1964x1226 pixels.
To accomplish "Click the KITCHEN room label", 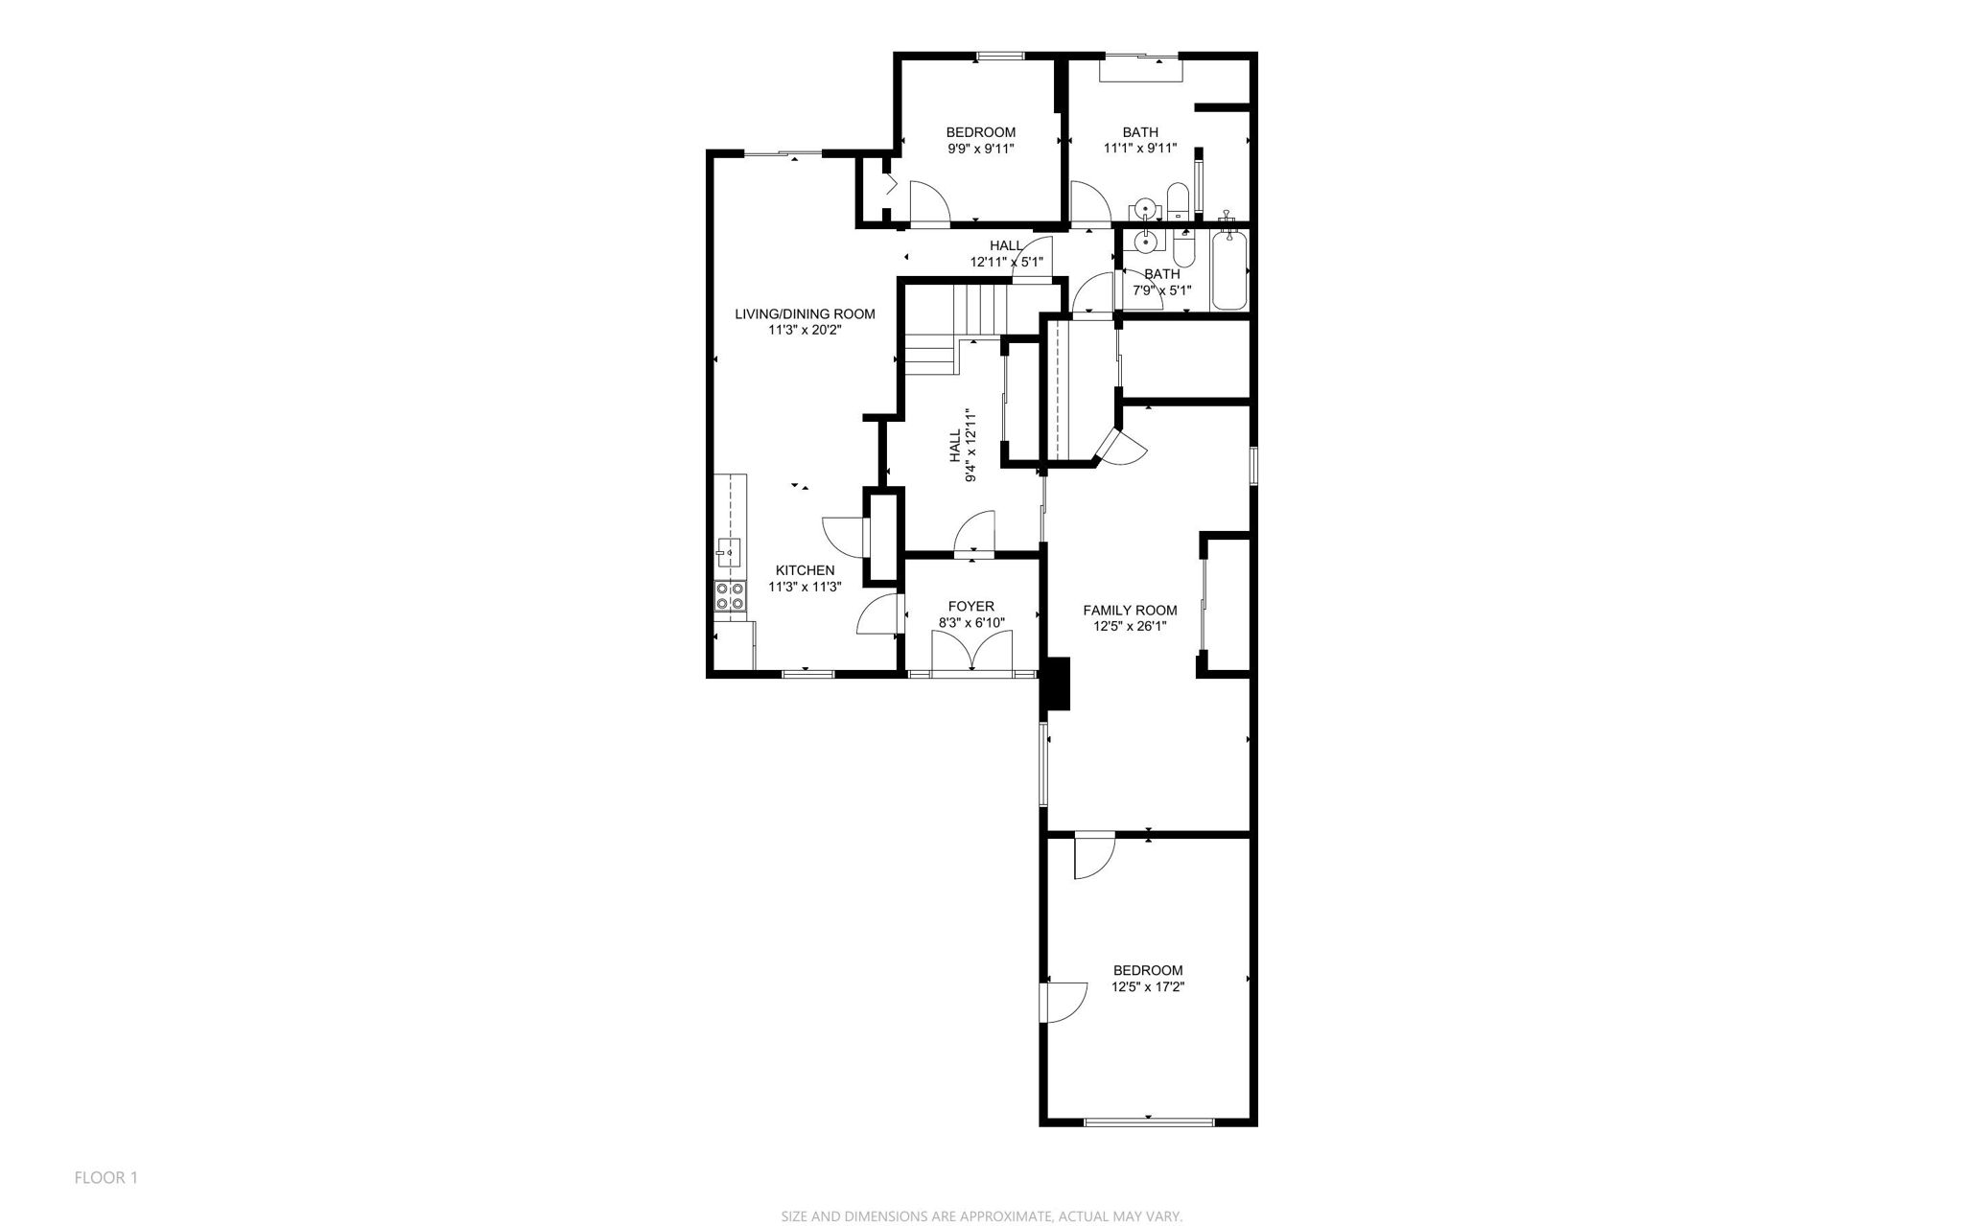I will (x=805, y=570).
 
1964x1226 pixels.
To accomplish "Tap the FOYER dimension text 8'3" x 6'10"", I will (x=970, y=623).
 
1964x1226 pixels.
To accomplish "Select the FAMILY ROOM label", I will (x=1130, y=611).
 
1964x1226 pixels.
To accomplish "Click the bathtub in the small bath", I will (x=1229, y=270).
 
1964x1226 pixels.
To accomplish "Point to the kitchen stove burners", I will (x=730, y=597).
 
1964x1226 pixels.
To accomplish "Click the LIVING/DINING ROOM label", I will (x=805, y=313).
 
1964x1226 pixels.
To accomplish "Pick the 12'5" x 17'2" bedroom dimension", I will (x=1148, y=986).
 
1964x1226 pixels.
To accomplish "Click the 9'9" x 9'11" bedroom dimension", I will (x=980, y=149).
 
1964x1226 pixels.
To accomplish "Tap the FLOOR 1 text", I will (x=106, y=1177).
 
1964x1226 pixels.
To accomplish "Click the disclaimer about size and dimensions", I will (x=981, y=1216).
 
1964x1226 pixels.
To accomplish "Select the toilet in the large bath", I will (x=1178, y=202).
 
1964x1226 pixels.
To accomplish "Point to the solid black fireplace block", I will (x=1057, y=683).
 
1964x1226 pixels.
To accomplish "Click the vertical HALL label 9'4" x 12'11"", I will (x=963, y=446).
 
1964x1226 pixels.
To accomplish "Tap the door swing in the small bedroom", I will (x=929, y=203).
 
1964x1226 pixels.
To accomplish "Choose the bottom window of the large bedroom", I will (x=1148, y=1121).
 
